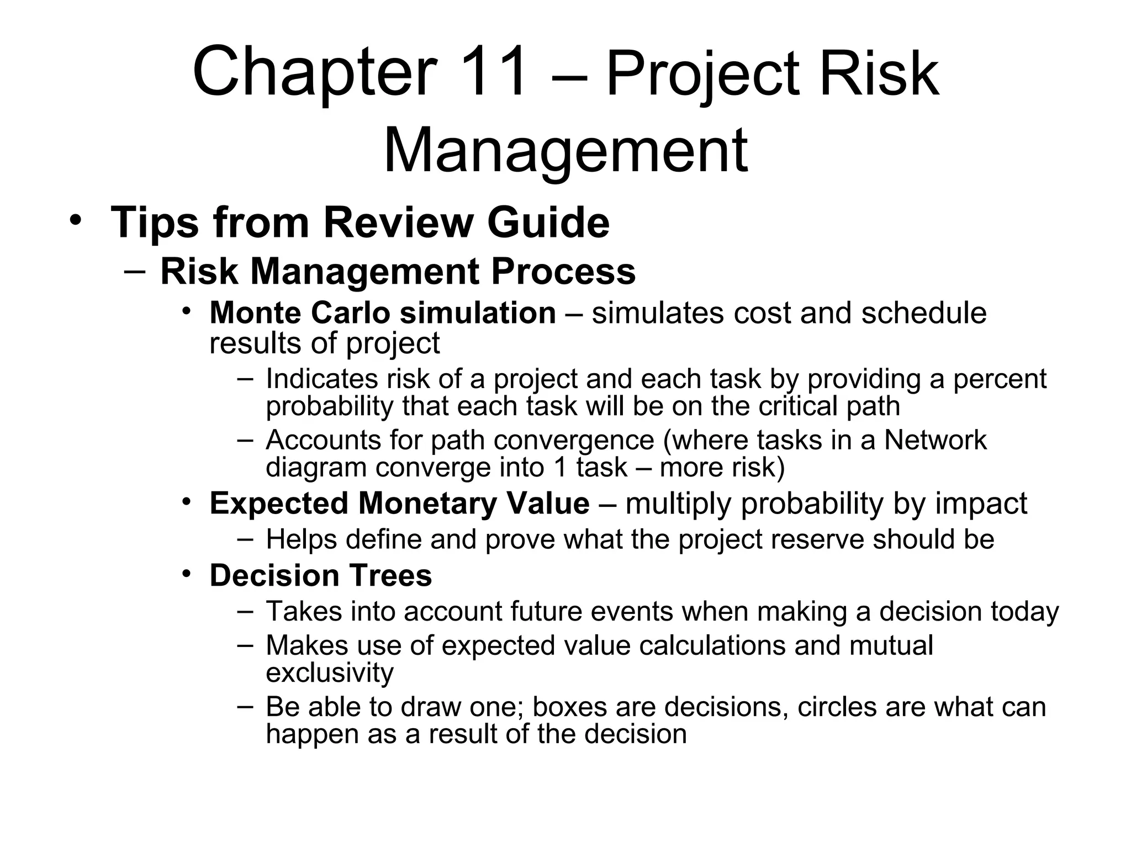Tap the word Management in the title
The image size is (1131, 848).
[565, 150]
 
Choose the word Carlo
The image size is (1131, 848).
[350, 313]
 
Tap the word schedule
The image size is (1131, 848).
[924, 313]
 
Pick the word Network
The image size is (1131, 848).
[936, 440]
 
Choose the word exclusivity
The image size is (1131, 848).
[330, 672]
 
